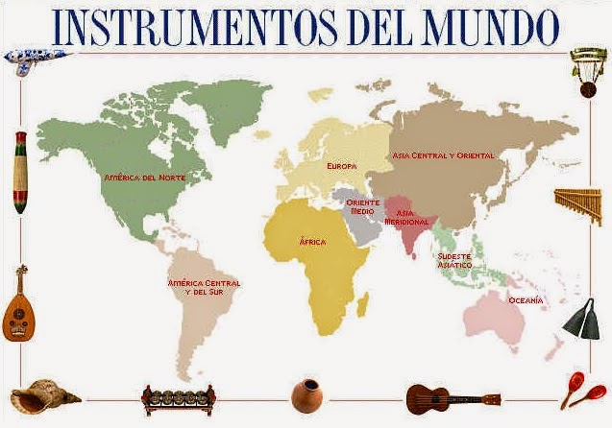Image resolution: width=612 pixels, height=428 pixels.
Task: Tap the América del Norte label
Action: coord(145,178)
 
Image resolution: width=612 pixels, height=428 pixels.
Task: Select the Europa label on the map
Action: coord(341,166)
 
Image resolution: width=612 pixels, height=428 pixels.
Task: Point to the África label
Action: coord(312,242)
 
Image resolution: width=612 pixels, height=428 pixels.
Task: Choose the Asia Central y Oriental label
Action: coord(442,155)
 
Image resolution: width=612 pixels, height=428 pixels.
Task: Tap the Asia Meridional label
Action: coord(405,217)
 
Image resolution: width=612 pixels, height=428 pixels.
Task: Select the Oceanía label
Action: coord(526,299)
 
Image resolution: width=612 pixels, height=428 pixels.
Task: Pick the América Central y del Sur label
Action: coord(204,287)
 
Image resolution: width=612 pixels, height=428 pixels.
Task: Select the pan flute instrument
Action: coord(577,205)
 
